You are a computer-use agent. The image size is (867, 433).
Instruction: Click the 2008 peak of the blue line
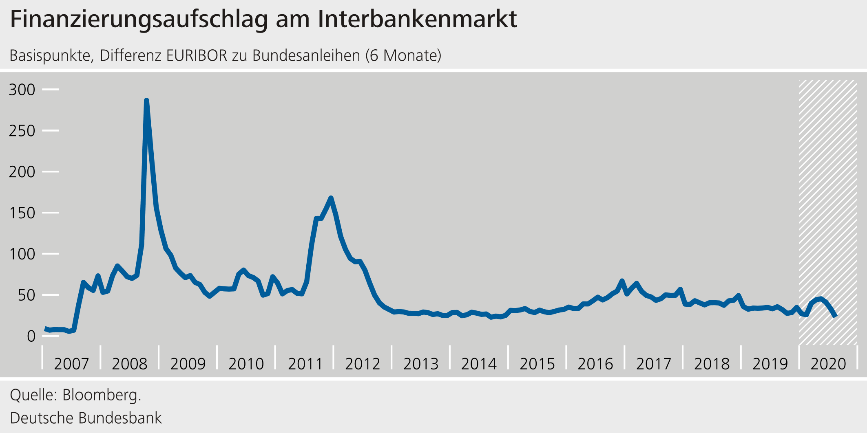coord(146,101)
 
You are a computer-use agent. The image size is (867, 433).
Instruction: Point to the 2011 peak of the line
coord(331,198)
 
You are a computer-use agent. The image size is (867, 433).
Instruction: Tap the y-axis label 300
coord(22,90)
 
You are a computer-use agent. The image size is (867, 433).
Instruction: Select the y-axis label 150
coord(22,213)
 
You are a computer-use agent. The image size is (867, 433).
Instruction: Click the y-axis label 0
coord(31,336)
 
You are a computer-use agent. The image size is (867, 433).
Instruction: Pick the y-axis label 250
coord(22,131)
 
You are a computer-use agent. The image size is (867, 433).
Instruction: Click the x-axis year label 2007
coord(71,364)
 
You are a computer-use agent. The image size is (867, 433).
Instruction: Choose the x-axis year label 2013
coord(421,364)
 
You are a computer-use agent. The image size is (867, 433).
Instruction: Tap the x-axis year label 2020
coord(828,364)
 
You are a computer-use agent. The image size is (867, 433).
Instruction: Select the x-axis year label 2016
coord(595,364)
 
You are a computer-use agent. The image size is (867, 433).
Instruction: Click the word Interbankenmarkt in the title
coord(417,19)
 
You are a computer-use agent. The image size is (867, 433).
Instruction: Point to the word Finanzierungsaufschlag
coord(139,20)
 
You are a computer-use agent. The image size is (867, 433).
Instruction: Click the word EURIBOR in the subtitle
coord(197,55)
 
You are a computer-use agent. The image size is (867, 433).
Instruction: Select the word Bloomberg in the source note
coord(102,395)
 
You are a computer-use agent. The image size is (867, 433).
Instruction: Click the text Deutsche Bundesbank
coord(86,418)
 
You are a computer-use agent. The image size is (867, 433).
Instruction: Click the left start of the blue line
coord(45,328)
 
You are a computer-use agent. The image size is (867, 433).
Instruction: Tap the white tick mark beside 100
coord(51,254)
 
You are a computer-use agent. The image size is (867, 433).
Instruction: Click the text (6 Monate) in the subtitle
coord(403,55)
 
